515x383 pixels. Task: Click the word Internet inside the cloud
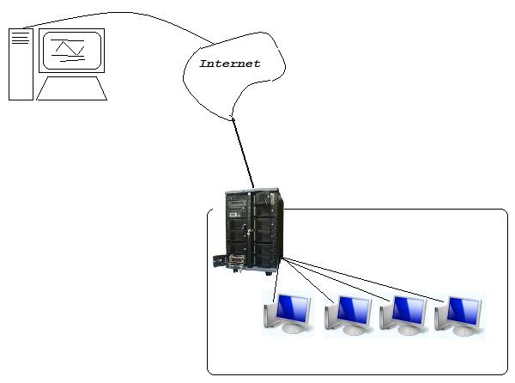coord(229,64)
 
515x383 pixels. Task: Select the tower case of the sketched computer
coord(20,64)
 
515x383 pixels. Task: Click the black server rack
coord(252,228)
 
